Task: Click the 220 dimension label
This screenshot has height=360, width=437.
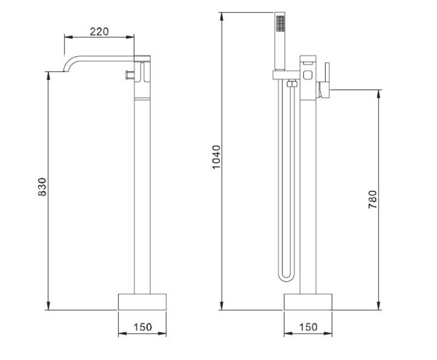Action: point(99,32)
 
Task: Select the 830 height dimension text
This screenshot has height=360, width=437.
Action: point(42,187)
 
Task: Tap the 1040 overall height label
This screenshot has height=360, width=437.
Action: point(216,157)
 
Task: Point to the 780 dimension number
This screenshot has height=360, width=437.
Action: point(373,199)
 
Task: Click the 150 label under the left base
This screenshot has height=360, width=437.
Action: point(143,327)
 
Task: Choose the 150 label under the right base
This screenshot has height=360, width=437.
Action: point(308,327)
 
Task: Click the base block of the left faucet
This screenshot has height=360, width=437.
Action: point(142,302)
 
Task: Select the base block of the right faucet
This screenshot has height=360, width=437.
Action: point(308,302)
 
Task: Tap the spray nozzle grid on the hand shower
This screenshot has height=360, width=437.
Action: point(280,23)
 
